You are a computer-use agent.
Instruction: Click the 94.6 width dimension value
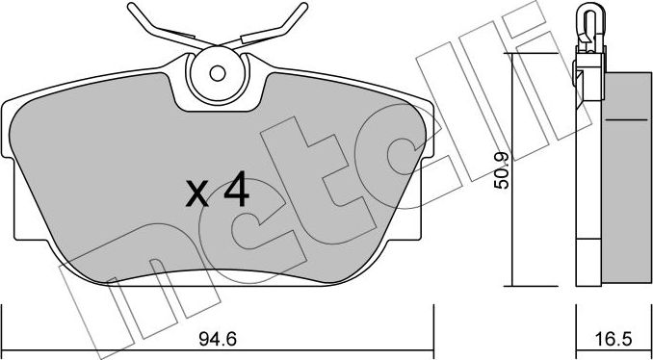point(218,339)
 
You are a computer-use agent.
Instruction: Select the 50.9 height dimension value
point(502,170)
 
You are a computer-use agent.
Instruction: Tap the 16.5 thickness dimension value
point(614,339)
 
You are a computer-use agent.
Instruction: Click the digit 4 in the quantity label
point(236,193)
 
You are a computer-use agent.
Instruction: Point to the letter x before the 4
point(197,193)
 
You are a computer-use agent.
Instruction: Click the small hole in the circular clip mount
point(218,74)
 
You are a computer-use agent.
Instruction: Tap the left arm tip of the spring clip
point(132,7)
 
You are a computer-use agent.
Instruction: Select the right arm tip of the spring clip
point(303,7)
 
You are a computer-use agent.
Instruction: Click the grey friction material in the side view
point(626,179)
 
